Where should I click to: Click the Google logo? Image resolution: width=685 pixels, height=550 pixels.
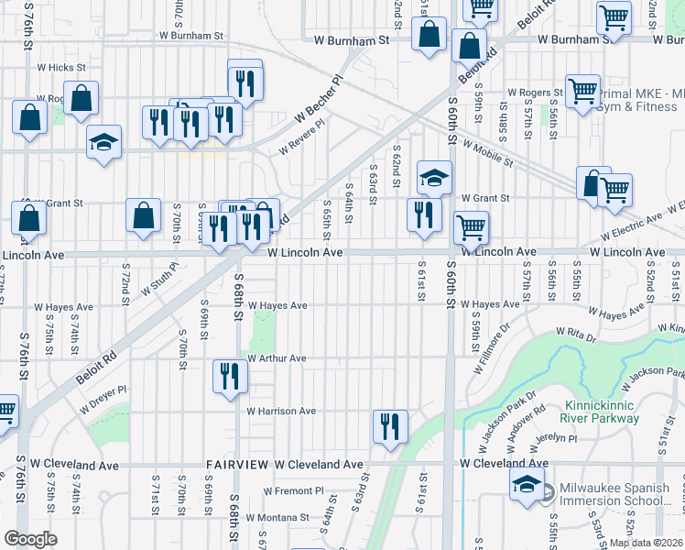[31, 539]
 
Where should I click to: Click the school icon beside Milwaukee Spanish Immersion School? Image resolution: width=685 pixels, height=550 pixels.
[527, 486]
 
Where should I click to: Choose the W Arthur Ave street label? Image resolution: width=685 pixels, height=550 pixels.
[276, 358]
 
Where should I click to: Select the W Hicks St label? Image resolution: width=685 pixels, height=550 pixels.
[61, 68]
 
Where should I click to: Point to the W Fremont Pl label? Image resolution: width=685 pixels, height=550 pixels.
[281, 491]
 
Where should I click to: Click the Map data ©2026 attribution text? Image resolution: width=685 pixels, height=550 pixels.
[646, 543]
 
